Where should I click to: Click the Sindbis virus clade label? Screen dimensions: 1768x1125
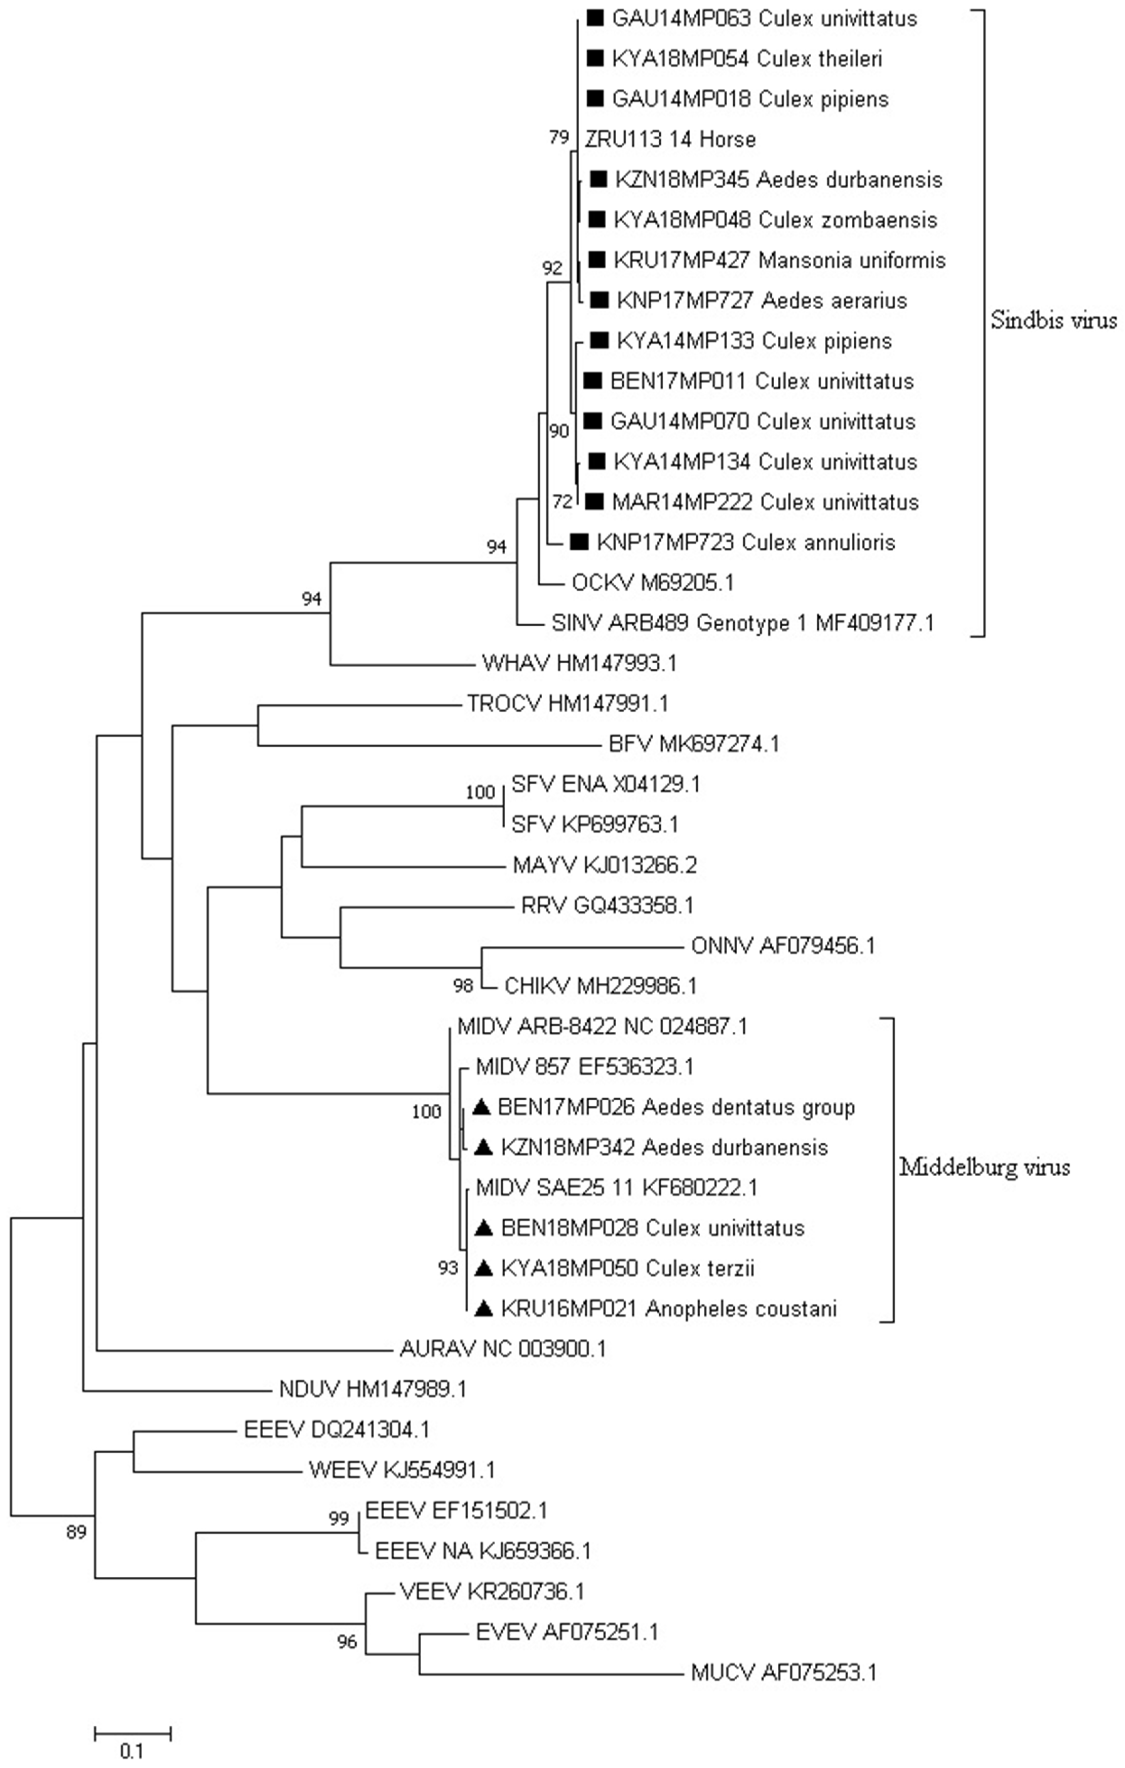tap(1053, 320)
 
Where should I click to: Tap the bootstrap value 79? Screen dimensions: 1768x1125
tap(559, 137)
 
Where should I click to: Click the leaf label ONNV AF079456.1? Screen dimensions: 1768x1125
tap(783, 946)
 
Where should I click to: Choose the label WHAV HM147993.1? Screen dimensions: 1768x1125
tap(579, 664)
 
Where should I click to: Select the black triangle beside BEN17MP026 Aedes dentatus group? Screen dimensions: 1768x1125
tap(481, 1107)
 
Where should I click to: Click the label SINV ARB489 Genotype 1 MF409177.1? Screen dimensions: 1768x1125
tap(742, 623)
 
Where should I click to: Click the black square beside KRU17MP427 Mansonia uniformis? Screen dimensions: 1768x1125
tap(598, 260)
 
